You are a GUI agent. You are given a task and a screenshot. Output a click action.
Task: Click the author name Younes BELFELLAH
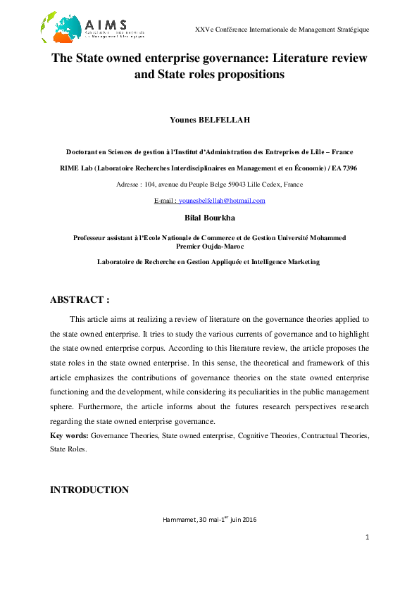tap(209, 120)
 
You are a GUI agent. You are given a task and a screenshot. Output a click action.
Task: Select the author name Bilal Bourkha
tap(209, 218)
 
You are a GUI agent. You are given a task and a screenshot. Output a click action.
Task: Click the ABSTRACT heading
tap(80, 299)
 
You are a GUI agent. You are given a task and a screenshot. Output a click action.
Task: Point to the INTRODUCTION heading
tap(89, 489)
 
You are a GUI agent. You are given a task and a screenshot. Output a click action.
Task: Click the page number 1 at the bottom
tap(367, 537)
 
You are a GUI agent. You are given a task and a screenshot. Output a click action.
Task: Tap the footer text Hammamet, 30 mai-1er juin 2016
tap(209, 520)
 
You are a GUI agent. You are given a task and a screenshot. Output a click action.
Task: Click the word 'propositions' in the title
tap(251, 74)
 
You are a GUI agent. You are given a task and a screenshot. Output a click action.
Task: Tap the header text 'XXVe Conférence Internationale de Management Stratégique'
tap(282, 29)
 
